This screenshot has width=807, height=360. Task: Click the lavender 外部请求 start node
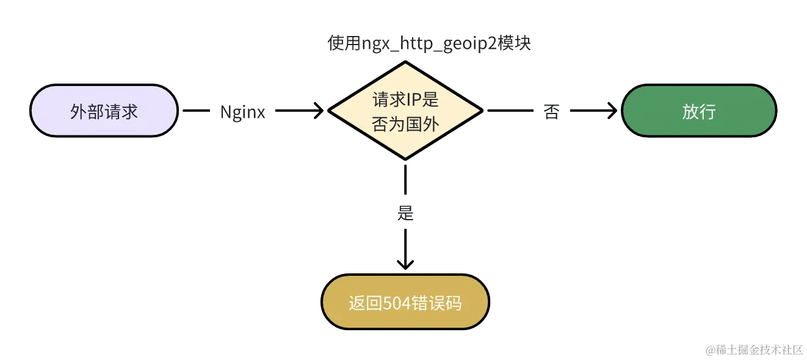tap(104, 111)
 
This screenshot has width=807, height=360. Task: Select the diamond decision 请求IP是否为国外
tap(406, 110)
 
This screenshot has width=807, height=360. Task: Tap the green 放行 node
tap(698, 111)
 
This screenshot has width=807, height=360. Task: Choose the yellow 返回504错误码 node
tap(405, 303)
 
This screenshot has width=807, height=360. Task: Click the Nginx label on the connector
tap(243, 112)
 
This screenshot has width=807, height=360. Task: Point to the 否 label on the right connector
tap(552, 112)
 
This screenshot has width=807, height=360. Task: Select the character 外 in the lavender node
tap(79, 111)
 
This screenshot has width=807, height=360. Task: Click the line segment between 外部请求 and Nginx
tap(197, 111)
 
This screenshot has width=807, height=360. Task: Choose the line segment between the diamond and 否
tap(510, 111)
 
